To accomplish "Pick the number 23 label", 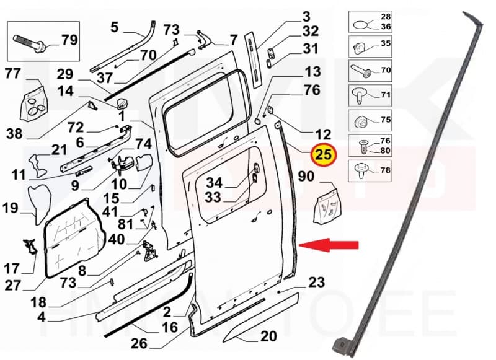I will point(316,283).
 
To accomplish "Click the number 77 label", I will point(13,74).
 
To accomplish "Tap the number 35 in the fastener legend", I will point(385,44).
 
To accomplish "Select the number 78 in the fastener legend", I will point(385,170).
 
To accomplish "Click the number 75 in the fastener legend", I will point(385,120).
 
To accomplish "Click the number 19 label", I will point(11,208).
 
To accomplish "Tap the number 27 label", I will point(13,286).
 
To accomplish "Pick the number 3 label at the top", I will point(306,17).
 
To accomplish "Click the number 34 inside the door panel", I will point(214,183).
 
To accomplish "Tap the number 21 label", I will point(59,150).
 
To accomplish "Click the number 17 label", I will point(12,269).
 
